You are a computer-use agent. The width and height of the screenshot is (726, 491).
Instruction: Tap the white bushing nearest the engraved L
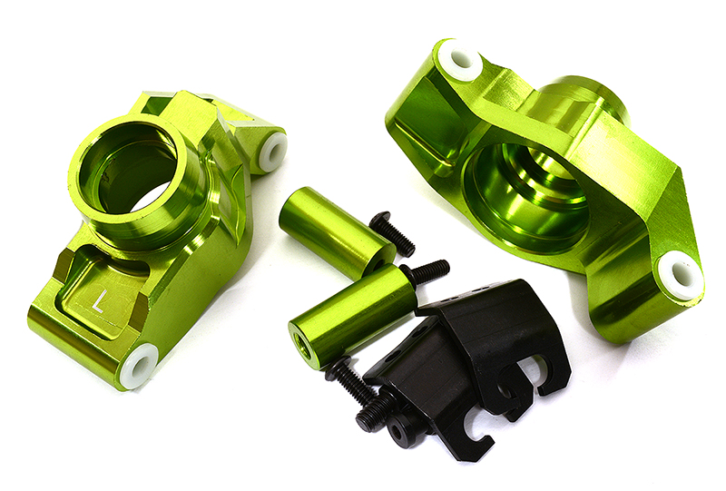(x=138, y=367)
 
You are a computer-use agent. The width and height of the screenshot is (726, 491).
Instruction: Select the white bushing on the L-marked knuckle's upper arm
(x=272, y=152)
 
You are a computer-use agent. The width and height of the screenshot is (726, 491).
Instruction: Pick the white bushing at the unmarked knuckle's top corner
(x=460, y=60)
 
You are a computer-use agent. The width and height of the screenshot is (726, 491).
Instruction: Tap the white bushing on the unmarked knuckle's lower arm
(x=679, y=275)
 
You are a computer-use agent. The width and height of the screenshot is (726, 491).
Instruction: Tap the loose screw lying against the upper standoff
(x=392, y=234)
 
